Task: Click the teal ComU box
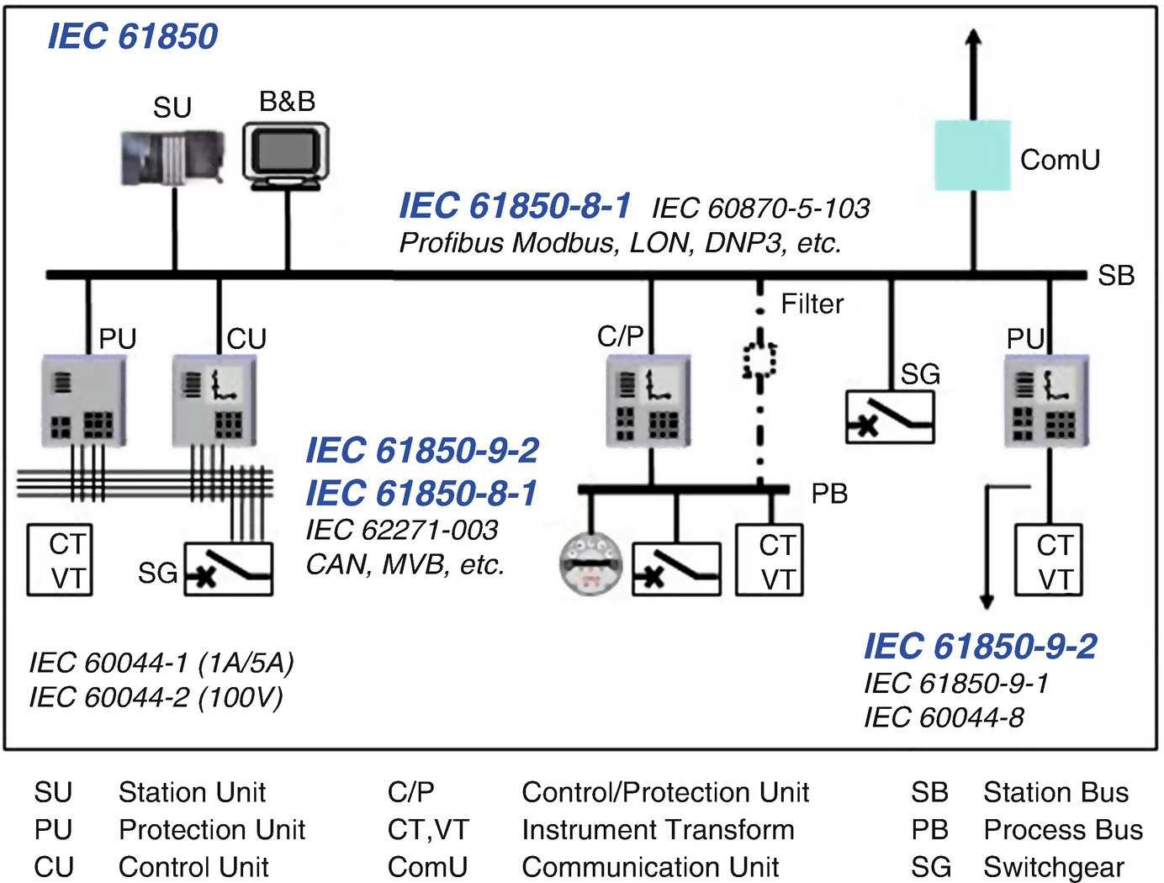point(972,156)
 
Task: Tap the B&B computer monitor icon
point(286,153)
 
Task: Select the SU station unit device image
point(172,157)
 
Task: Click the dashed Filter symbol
point(759,360)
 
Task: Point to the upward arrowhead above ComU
point(973,38)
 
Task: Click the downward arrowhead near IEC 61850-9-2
point(987,600)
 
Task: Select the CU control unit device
point(214,400)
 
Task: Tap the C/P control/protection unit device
point(648,400)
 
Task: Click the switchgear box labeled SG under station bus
point(890,417)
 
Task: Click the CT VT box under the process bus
point(769,561)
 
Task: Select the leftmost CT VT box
point(60,560)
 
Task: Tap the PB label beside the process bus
point(829,494)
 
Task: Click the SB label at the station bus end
point(1116,275)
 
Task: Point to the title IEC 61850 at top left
point(132,36)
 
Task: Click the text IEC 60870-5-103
point(760,208)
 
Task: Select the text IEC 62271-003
point(401,530)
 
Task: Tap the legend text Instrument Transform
point(658,830)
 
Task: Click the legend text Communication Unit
point(650,867)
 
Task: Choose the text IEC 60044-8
point(944,717)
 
